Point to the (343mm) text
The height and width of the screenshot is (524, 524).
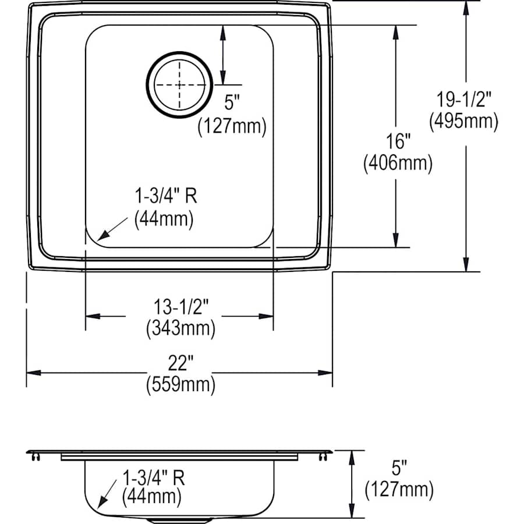pyautogui.click(x=180, y=328)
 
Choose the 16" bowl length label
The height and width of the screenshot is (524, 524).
pyautogui.click(x=397, y=141)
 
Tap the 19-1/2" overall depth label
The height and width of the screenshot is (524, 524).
pyautogui.click(x=463, y=99)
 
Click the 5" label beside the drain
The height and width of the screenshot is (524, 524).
pyautogui.click(x=232, y=103)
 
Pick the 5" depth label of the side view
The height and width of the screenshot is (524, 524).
pyautogui.click(x=399, y=468)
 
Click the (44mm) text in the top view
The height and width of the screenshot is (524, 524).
pyautogui.click(x=164, y=218)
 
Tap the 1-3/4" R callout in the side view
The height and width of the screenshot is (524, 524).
pyautogui.click(x=154, y=478)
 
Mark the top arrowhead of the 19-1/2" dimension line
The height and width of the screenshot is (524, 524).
pyautogui.click(x=466, y=7)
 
